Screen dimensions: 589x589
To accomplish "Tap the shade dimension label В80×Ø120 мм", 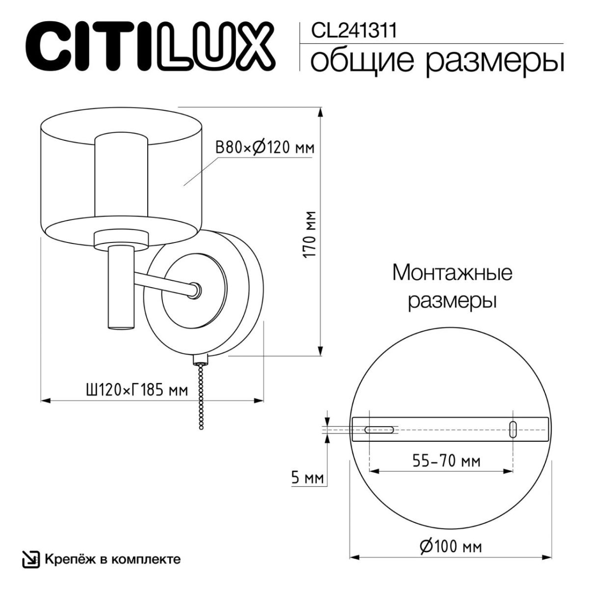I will tap(265, 147).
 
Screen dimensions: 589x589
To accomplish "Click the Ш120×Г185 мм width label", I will tap(137, 390).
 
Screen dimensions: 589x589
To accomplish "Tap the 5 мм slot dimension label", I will tap(308, 478).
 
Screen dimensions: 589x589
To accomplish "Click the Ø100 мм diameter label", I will tap(451, 546).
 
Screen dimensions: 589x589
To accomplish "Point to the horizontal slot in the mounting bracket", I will tap(379, 429).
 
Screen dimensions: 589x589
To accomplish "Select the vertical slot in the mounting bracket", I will tap(513, 429).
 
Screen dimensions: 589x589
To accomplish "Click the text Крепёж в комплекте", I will tap(112, 559).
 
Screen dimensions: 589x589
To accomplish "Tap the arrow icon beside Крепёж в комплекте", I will tap(31, 560).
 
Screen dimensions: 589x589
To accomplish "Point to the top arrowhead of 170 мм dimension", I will tap(321, 112).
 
